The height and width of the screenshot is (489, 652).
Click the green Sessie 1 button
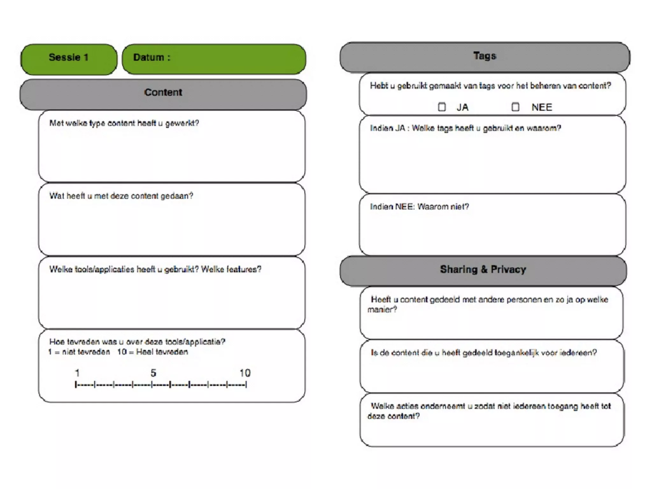tap(68, 59)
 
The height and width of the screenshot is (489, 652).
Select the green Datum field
tap(214, 59)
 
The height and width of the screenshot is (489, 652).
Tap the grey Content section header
tap(163, 94)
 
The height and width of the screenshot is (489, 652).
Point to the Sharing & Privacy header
tap(483, 270)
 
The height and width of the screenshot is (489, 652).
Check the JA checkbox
tap(442, 107)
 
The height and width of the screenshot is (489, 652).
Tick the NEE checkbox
tap(515, 107)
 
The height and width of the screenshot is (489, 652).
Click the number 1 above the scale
tap(77, 373)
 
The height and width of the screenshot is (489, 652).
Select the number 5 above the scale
tap(153, 373)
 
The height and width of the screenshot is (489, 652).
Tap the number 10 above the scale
tap(245, 373)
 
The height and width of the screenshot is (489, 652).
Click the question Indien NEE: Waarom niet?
tap(419, 207)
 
